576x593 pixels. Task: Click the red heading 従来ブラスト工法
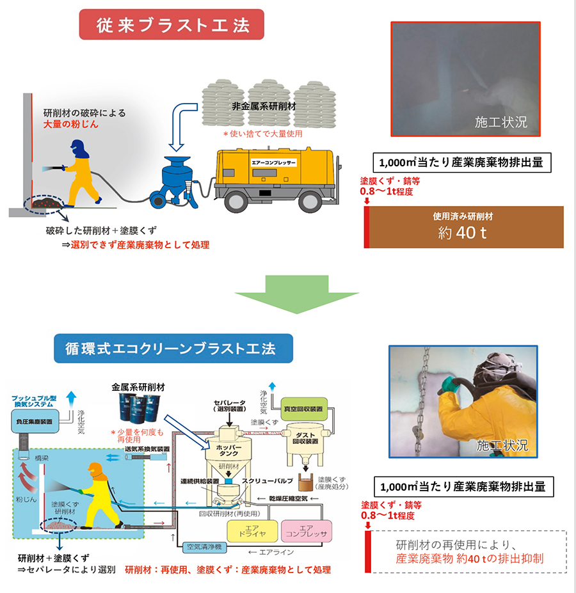coord(172,25)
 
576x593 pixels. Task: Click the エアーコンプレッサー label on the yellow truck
coord(274,162)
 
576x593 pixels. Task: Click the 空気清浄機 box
coord(202,548)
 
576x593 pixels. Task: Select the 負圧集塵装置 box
coord(36,422)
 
